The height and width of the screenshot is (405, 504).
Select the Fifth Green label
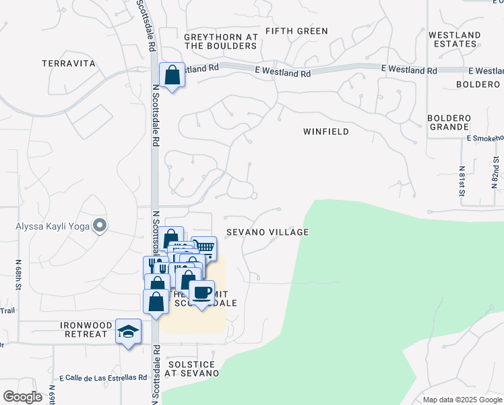(x=296, y=31)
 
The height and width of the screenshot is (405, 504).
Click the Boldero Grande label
(x=448, y=122)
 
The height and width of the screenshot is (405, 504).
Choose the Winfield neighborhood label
(x=326, y=132)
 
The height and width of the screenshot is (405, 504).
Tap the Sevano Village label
(x=267, y=232)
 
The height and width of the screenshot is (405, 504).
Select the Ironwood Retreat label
(x=84, y=329)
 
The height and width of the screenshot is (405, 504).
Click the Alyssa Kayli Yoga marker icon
(x=100, y=225)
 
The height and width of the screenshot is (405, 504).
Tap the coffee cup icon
(x=201, y=293)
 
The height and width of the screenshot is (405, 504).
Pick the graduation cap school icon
(x=128, y=331)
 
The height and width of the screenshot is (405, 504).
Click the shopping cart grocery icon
(x=203, y=248)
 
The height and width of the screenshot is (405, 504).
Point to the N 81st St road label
(x=462, y=180)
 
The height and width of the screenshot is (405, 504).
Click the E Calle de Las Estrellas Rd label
(x=103, y=378)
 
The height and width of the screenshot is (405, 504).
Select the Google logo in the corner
(x=22, y=397)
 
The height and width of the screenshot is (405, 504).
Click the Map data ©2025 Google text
(x=462, y=400)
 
